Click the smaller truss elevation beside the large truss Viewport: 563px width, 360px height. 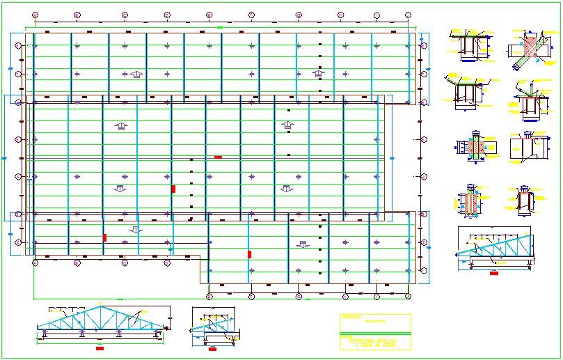213,324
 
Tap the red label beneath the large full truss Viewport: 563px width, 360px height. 99,345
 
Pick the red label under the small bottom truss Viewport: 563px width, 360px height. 212,345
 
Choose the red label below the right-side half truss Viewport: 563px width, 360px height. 493,273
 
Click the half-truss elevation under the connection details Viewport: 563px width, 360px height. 495,247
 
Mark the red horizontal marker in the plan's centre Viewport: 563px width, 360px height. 218,157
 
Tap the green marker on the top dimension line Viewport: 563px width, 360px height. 221,27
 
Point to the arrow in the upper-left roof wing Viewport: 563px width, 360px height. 136,74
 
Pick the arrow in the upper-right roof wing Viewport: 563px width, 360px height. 319,74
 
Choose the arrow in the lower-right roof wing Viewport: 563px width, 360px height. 303,243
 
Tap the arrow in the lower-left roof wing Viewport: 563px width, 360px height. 136,229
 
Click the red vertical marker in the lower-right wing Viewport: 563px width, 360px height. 248,254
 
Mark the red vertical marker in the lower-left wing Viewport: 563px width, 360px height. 105,237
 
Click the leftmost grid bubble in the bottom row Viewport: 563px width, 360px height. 35,263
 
